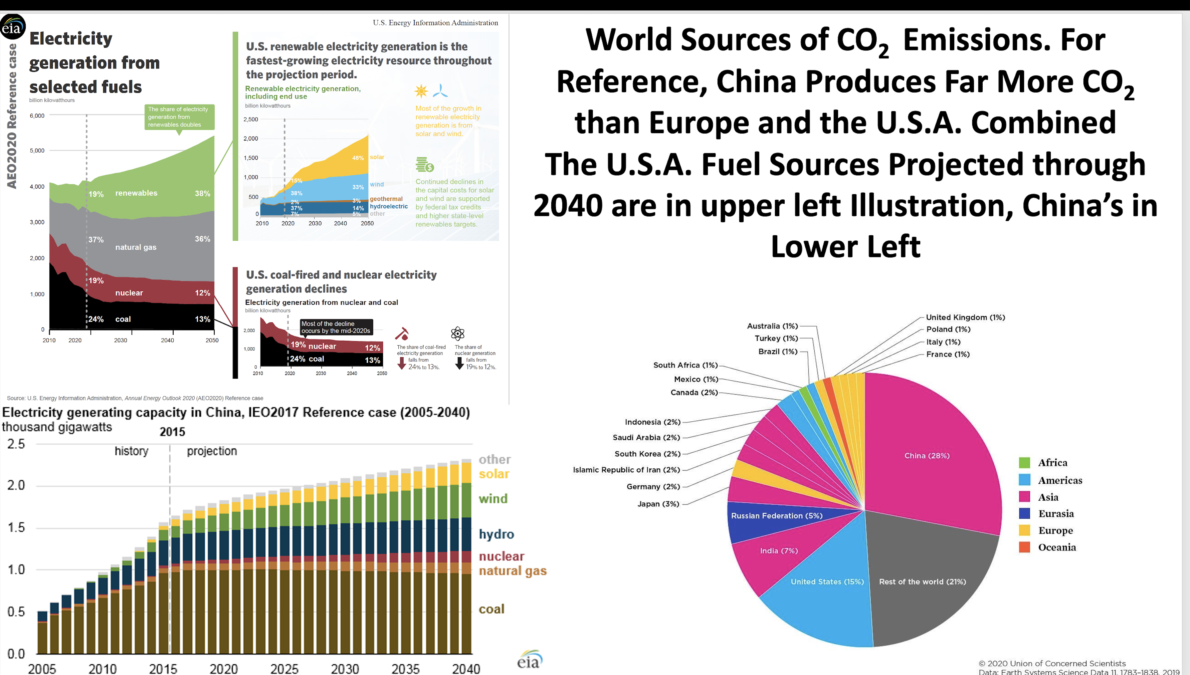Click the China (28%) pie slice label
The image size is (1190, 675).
(x=927, y=456)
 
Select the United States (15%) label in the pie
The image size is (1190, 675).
(x=827, y=582)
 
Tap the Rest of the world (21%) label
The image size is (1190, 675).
(x=922, y=582)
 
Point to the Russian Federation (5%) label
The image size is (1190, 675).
(x=777, y=515)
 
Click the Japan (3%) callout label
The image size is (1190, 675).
(x=658, y=504)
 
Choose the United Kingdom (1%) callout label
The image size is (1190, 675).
(x=965, y=317)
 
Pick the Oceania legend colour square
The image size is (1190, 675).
(x=1024, y=547)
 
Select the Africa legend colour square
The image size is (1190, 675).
(x=1024, y=463)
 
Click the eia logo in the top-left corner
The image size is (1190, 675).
(x=12, y=27)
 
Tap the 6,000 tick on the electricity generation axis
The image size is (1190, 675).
(x=37, y=116)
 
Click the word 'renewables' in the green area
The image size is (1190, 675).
(x=136, y=193)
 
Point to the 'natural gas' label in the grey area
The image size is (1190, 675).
(x=136, y=247)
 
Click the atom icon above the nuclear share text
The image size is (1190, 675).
(x=457, y=333)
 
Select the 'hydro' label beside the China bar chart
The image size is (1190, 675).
(x=496, y=534)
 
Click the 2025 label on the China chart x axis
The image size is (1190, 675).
(x=284, y=669)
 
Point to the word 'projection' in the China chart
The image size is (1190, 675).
(x=212, y=451)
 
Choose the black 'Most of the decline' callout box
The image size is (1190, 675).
(x=336, y=327)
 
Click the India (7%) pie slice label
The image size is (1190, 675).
(x=779, y=551)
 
